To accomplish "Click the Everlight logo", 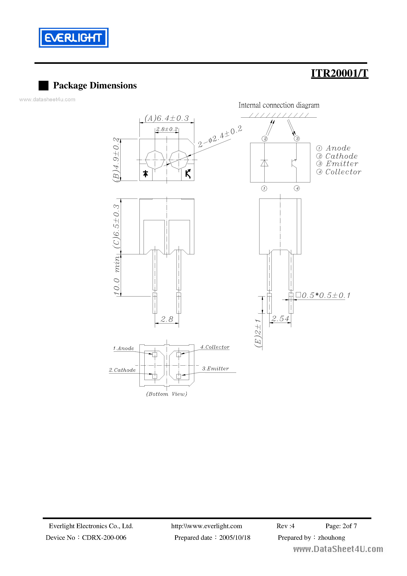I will pos(73,38).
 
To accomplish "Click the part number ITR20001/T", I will pos(339,73).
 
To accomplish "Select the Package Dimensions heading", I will pos(95,85).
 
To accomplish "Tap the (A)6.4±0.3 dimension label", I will pos(167,118).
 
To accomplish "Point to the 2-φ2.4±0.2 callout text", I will pos(220,137).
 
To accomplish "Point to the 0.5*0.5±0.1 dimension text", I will pos(325,295).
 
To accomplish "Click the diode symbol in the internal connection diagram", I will pos(264,163).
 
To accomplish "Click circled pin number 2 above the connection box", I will pos(265,139).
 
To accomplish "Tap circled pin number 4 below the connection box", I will pos(297,188).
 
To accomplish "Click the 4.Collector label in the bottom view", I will pos(215,347).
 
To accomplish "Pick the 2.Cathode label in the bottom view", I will pos(122,370).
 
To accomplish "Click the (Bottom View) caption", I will pos(167,394).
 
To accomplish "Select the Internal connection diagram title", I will pos(279,105).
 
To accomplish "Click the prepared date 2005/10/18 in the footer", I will pos(235,537).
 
